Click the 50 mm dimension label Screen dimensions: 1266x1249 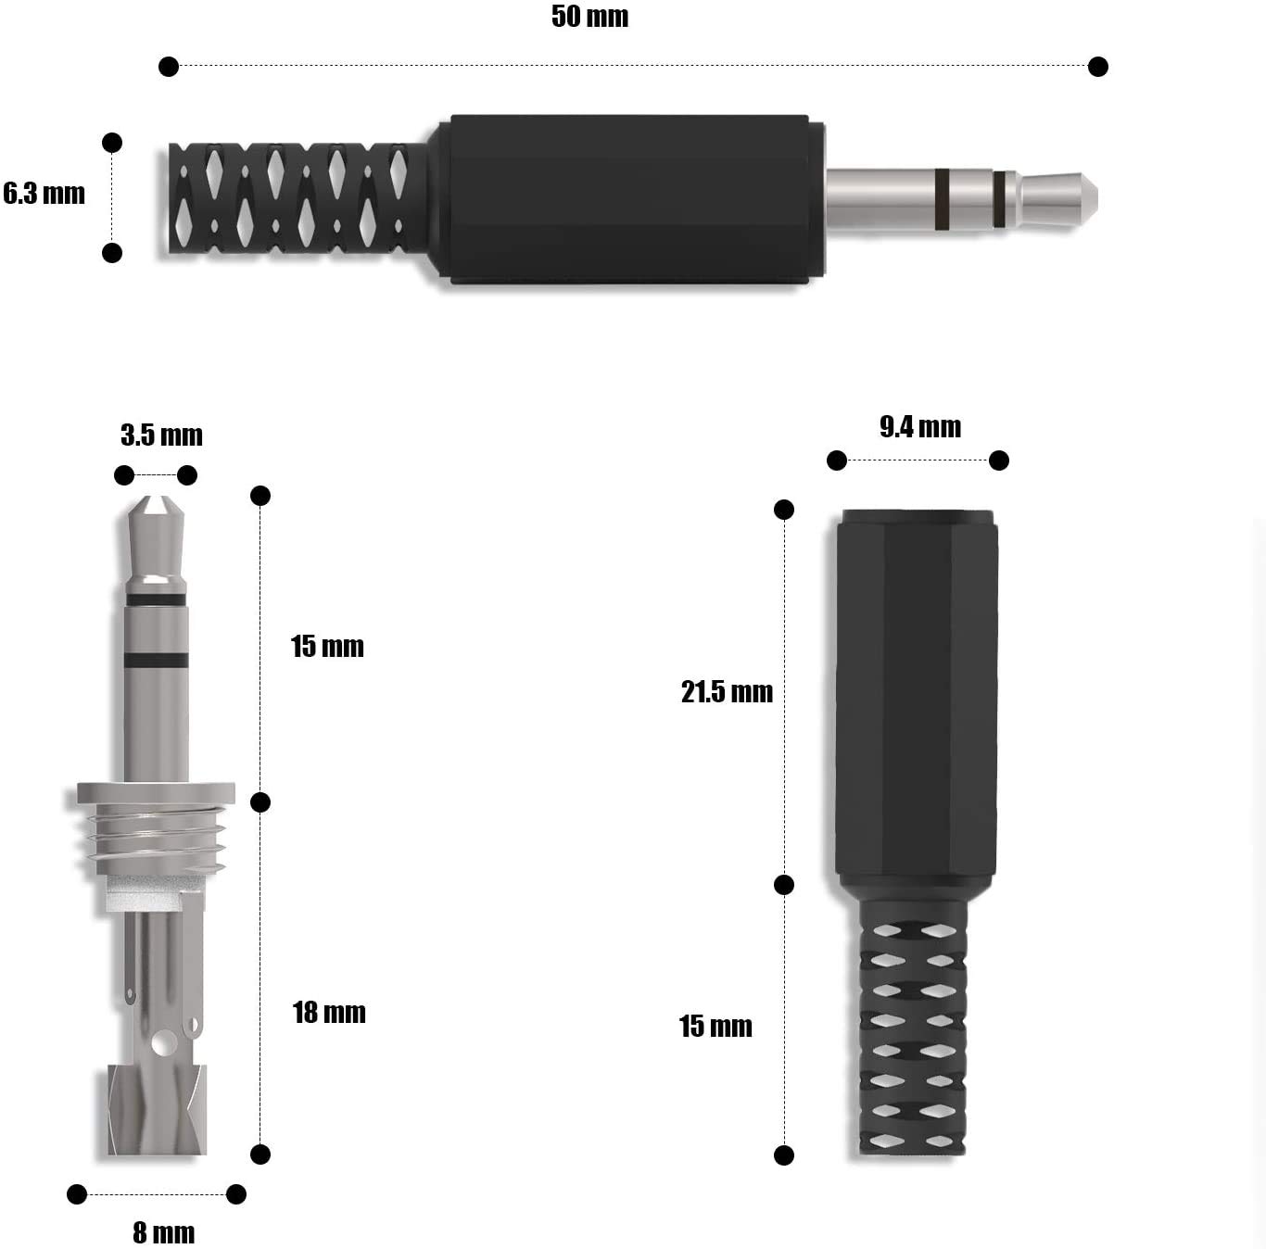point(589,17)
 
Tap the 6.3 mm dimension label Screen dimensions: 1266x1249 point(44,194)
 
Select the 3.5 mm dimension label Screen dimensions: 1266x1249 point(161,435)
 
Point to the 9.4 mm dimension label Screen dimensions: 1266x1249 point(919,427)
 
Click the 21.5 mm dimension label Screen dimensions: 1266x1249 point(727,692)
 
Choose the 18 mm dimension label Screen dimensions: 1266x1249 point(328,1013)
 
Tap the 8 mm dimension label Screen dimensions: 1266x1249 point(164,1232)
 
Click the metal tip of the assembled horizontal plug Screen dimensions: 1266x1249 point(1057,198)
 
